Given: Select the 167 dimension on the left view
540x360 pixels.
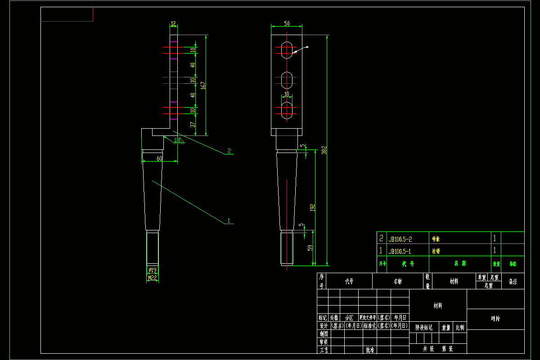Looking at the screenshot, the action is click(x=203, y=85).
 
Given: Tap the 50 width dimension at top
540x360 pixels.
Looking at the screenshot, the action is click(x=287, y=23).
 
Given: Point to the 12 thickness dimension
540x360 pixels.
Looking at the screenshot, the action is click(x=173, y=24).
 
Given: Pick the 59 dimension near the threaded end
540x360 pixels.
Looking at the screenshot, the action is click(x=310, y=248).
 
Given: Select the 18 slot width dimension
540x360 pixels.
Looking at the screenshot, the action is click(x=287, y=94).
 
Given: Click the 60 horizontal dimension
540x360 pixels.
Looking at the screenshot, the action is click(x=159, y=158).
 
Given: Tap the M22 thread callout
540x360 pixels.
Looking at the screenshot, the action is click(x=153, y=278).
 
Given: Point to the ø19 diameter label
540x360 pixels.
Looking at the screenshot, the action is click(x=153, y=270).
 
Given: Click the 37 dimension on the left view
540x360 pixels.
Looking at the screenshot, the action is click(x=193, y=125).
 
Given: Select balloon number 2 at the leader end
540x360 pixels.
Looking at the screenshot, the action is click(x=229, y=151).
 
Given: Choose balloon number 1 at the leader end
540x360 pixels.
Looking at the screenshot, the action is click(x=229, y=221).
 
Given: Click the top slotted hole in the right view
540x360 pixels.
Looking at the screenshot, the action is click(x=287, y=49).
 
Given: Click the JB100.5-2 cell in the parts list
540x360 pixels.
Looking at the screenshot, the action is click(x=400, y=239).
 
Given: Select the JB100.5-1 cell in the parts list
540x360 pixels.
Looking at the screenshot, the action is click(x=400, y=251).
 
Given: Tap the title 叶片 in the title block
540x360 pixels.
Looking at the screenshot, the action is click(x=495, y=319).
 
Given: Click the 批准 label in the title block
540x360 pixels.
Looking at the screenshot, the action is click(x=370, y=350).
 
